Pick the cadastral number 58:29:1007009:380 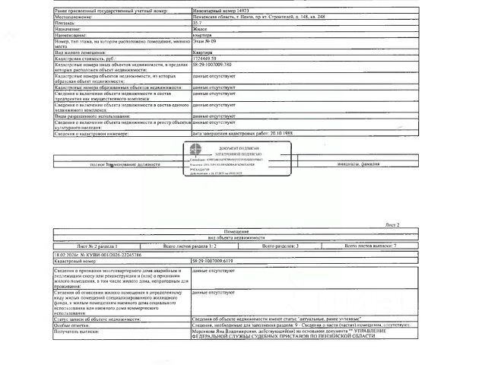click(218, 65)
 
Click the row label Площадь click(66, 24)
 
